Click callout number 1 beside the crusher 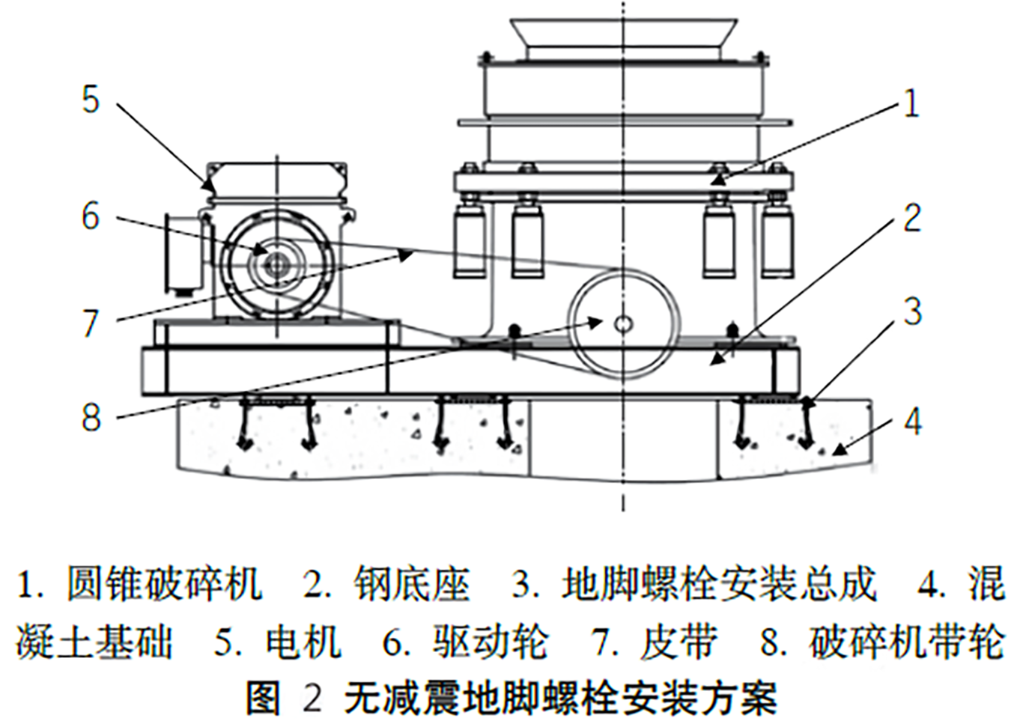911,103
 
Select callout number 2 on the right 911,218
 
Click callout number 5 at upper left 91,100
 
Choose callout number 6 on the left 91,216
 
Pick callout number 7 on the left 91,323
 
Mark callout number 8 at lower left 91,416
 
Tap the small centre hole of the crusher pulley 623,323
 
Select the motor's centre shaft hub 276,263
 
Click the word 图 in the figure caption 263,699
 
